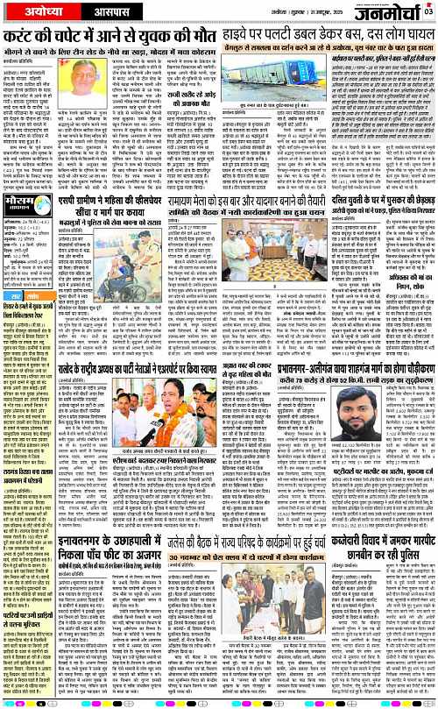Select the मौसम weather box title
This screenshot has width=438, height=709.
point(27,238)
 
